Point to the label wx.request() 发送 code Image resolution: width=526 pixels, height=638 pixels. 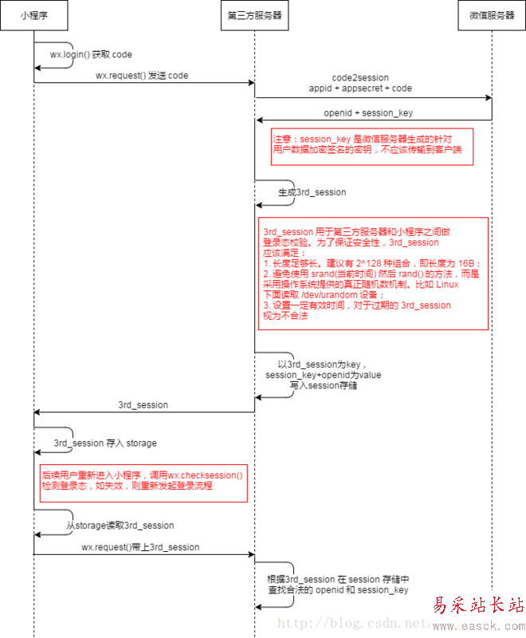pos(142,76)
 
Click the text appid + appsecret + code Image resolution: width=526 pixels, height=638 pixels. pos(361,89)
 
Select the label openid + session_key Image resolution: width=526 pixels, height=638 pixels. pos(368,112)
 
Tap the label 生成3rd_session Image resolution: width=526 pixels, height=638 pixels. pos(312,193)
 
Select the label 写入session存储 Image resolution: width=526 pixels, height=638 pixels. pos(323,384)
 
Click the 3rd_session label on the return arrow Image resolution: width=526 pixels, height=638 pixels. pos(143,405)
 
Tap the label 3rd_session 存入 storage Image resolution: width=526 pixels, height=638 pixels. pos(105,443)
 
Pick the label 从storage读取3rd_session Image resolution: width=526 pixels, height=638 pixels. pos(120,526)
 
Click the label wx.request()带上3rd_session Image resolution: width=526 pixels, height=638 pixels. pos(140,548)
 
